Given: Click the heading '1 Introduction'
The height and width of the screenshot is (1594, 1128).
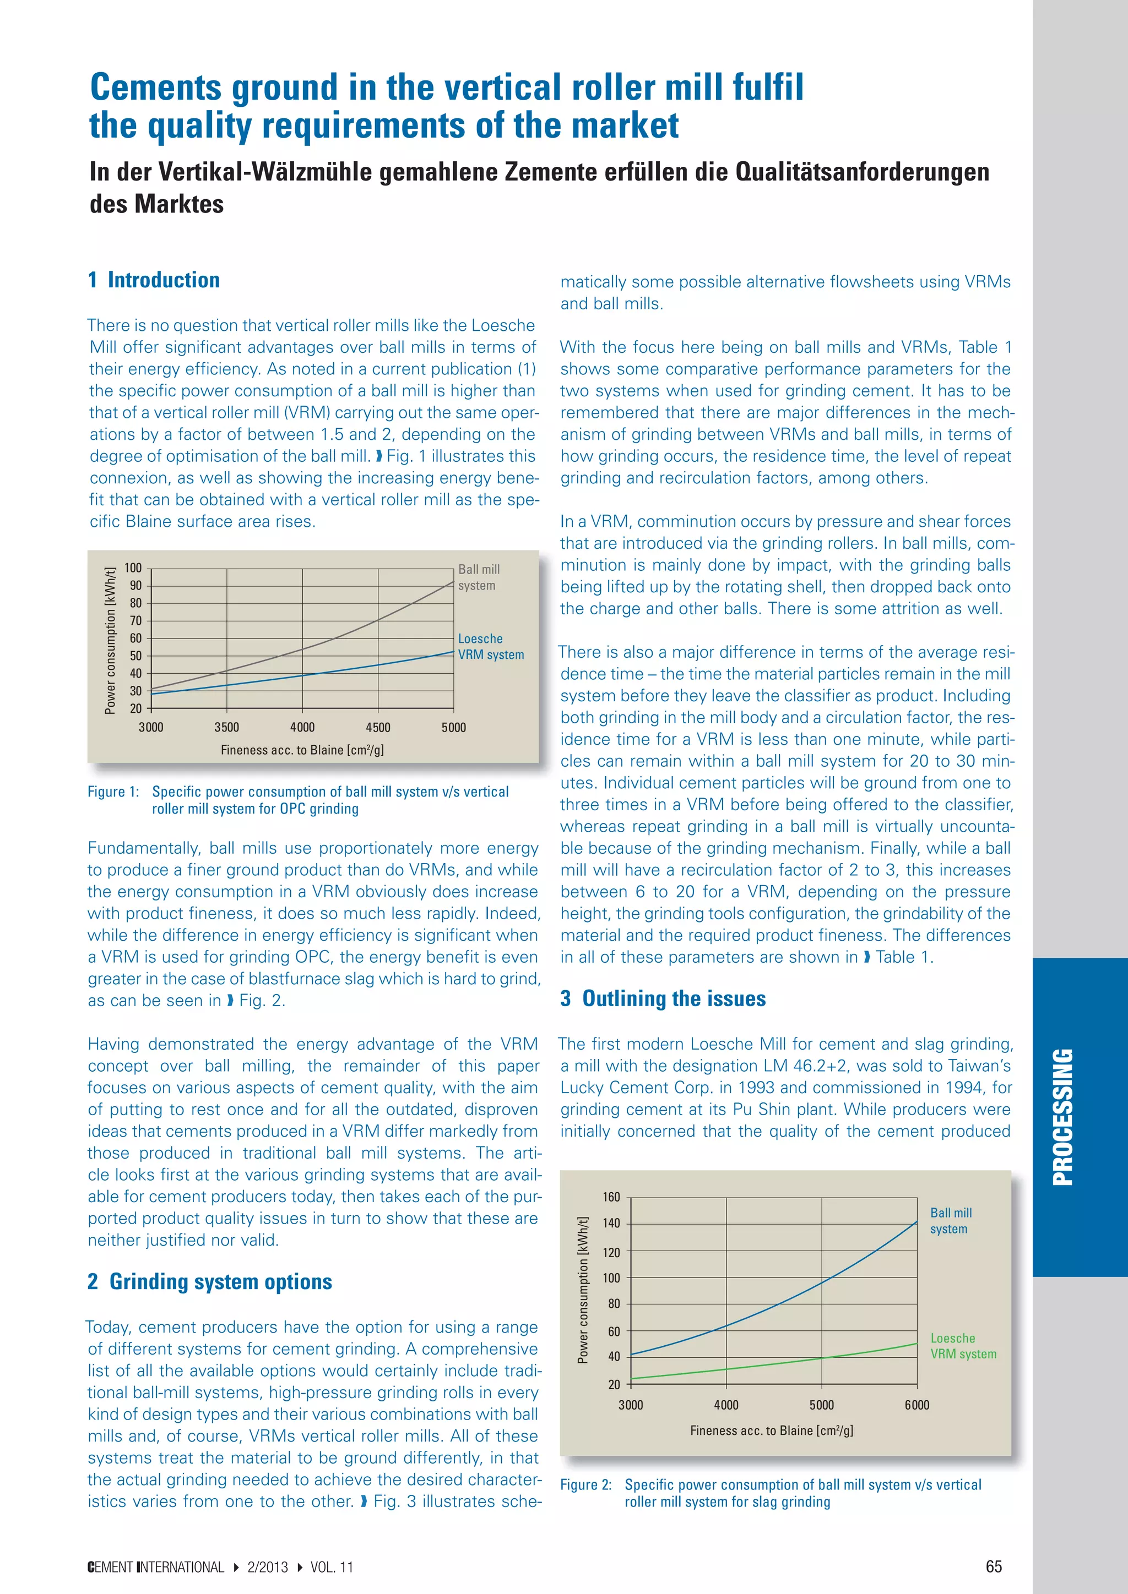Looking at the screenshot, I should tap(154, 281).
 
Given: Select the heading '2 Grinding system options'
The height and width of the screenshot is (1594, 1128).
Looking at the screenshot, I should tap(210, 1281).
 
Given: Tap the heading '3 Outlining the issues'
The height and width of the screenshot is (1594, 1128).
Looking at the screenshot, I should tap(663, 998).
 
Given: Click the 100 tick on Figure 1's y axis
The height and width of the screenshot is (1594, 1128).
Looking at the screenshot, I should tap(133, 568).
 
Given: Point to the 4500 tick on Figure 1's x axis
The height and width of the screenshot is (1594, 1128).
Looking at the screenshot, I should tap(378, 728).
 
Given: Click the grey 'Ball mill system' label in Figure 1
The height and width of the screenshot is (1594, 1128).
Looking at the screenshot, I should tap(479, 577).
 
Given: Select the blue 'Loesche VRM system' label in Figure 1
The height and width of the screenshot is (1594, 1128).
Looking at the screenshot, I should tap(490, 646).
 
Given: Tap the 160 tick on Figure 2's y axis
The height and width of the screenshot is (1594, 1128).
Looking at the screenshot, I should tap(611, 1197).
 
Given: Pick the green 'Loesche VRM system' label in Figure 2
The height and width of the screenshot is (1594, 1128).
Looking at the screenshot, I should tap(963, 1346).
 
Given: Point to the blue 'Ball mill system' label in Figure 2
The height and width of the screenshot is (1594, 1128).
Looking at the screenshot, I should tap(950, 1220).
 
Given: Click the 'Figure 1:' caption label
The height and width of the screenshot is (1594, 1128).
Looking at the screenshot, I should tap(113, 792).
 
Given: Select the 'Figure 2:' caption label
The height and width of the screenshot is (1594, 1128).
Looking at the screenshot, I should tap(585, 1485).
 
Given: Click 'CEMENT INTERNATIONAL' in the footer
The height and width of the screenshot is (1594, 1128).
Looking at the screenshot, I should tap(155, 1568).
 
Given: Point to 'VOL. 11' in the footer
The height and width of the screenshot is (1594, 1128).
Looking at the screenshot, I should tap(332, 1568).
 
